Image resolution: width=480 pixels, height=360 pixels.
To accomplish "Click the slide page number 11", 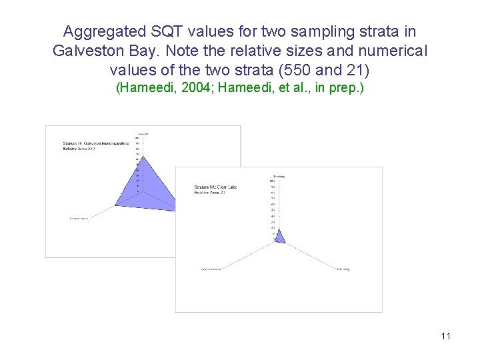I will coord(446,336).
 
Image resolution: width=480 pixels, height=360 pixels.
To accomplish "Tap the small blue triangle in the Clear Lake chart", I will coord(280,237).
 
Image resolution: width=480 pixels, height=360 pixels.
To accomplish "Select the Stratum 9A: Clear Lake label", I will coord(215,187).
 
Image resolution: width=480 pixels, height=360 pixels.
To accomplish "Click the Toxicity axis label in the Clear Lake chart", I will coord(279,176).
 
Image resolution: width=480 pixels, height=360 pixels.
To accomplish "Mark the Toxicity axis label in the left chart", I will coord(143,134).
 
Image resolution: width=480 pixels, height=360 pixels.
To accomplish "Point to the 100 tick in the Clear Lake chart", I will coord(272,181).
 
